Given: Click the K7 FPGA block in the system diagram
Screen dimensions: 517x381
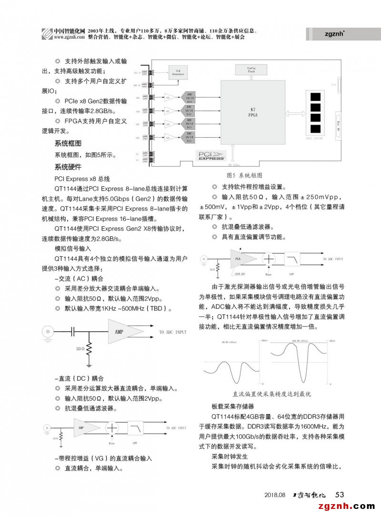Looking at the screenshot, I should (x=252, y=112).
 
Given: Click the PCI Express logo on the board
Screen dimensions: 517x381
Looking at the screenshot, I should (x=211, y=155).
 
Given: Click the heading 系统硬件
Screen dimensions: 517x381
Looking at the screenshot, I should (x=68, y=167).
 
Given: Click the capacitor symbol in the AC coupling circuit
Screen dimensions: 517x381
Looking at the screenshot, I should (x=73, y=332).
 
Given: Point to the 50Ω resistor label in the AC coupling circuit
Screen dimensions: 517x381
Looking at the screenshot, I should (x=80, y=349).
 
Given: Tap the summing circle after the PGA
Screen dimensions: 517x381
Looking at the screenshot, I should (x=269, y=259).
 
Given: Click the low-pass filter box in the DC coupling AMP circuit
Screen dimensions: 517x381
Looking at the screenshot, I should (x=136, y=428).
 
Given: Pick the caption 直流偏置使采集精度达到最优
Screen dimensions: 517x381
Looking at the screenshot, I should (x=271, y=394).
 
